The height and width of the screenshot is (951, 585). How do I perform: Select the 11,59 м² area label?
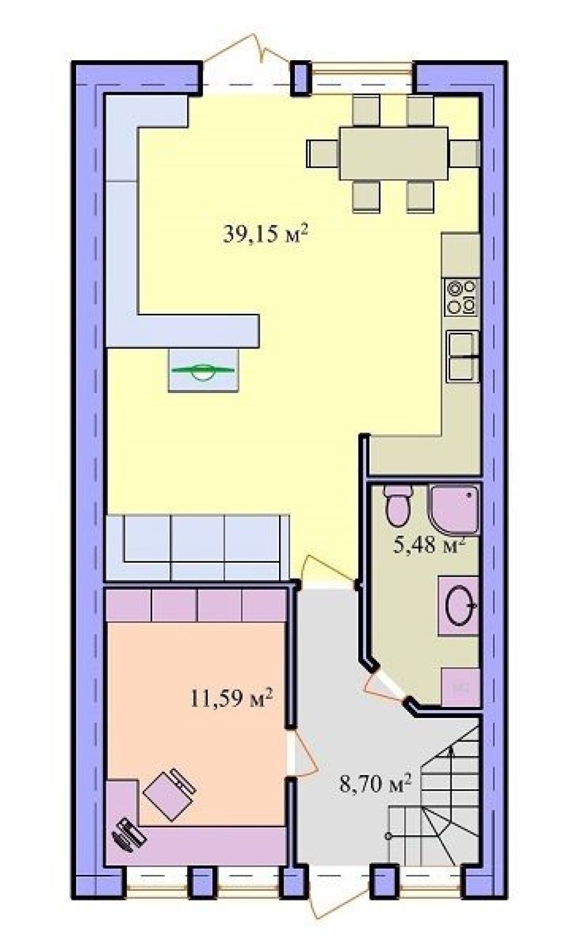(x=230, y=698)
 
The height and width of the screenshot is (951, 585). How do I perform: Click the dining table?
(x=394, y=153)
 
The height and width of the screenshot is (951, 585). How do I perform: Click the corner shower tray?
(x=455, y=509)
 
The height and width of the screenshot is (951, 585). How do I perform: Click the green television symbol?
(x=203, y=370)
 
